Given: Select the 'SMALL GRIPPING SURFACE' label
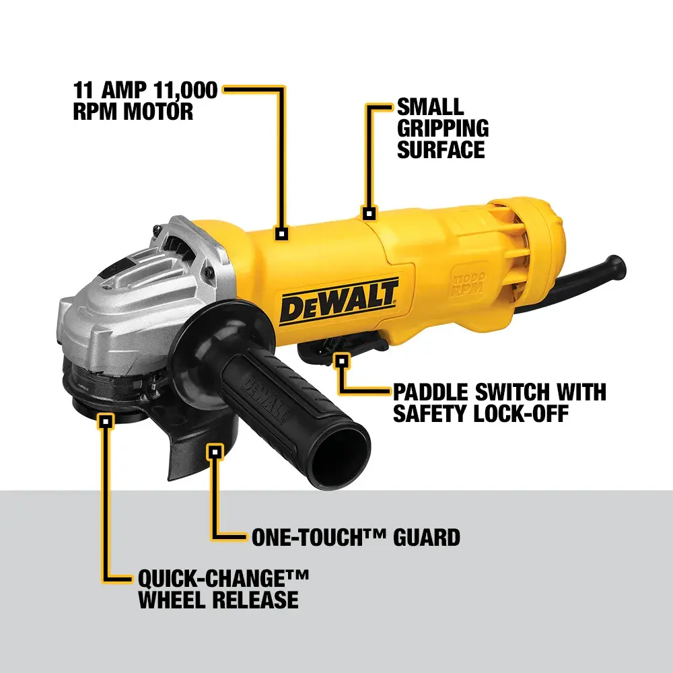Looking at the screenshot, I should coord(442,128).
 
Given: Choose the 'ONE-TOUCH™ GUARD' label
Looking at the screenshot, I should coord(355,537).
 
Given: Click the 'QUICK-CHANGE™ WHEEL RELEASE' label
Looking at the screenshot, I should coord(223,588).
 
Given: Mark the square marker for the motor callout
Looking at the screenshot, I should coord(281,234).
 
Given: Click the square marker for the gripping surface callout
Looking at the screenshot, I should coord(368,213).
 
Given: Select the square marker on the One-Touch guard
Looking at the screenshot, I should coord(214,451).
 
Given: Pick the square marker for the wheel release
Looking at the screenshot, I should coord(105,422).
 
